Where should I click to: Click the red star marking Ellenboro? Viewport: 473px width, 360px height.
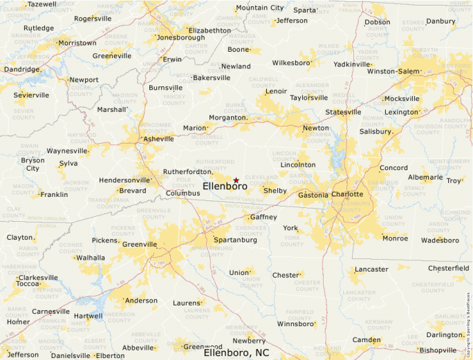point(236,180)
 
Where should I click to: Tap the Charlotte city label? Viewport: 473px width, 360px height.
point(347,194)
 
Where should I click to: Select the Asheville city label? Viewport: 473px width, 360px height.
point(158,139)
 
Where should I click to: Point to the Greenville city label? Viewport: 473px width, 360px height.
point(139,244)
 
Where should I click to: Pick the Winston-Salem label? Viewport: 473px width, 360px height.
point(393,71)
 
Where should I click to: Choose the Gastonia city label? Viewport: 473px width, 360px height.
point(313,196)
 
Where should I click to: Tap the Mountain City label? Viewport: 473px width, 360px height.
point(259,8)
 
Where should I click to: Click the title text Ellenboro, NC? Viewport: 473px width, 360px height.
point(236,352)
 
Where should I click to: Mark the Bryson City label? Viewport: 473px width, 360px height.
point(33,164)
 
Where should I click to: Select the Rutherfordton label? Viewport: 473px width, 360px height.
point(187,171)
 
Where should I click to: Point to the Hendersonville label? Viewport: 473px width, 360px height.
point(124,180)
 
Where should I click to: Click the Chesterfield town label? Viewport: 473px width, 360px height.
point(448,267)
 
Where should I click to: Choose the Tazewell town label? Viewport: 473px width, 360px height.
point(42,4)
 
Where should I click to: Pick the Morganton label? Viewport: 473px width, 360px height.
point(228,117)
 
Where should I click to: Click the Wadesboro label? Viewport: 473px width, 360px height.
point(440,240)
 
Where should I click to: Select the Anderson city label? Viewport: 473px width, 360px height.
point(140,301)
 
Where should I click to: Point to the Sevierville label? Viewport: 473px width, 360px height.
point(31,95)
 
